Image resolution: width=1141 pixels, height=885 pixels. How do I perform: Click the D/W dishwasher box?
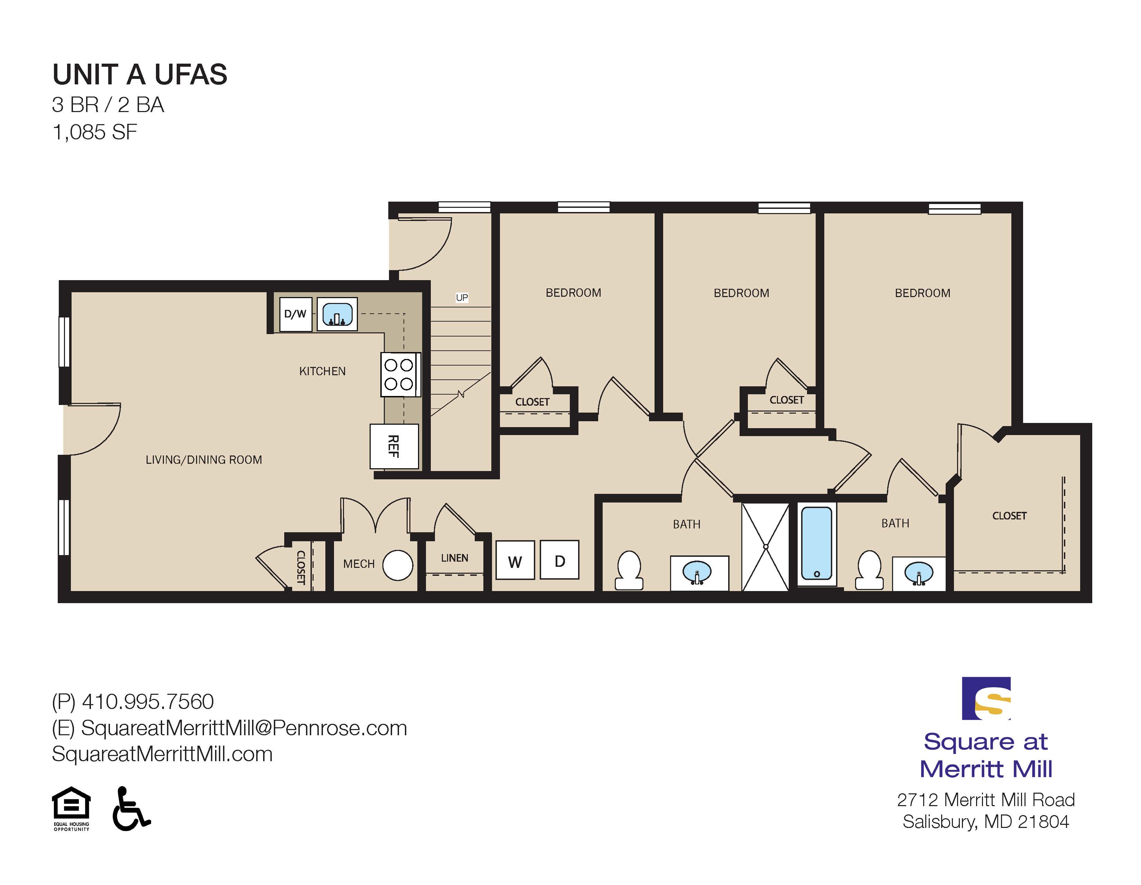point(296,314)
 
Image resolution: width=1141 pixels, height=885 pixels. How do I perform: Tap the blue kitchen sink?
point(337,314)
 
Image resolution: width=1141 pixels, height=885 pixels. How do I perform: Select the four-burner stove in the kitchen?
point(400,375)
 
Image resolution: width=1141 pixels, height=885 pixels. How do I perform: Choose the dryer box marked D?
point(559,560)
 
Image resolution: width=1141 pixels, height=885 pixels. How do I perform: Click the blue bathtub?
point(817,543)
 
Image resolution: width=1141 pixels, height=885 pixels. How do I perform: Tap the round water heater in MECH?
point(398,565)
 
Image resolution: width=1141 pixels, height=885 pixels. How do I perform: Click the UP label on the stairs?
point(462,298)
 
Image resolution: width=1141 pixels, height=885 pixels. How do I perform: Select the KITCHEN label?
point(322,371)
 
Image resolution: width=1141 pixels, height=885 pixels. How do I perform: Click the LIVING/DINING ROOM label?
point(204,460)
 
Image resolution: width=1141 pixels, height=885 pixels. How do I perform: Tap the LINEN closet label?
point(455,558)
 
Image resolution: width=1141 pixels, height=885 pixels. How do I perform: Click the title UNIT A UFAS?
point(140,74)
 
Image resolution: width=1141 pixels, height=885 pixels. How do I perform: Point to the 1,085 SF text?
point(94,132)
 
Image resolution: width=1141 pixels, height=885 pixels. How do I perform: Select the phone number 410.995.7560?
point(148,702)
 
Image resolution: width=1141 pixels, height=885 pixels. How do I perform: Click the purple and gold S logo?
point(986,699)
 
